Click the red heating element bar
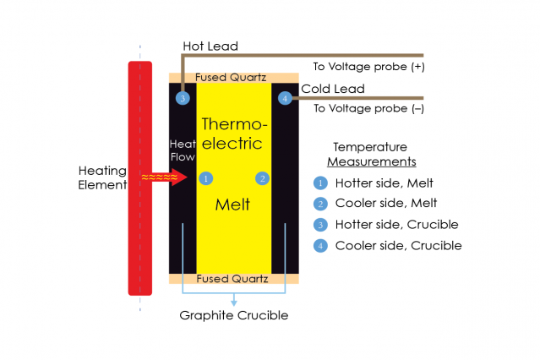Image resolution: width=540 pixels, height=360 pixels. (139, 177)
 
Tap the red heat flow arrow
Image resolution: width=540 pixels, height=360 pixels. (166, 177)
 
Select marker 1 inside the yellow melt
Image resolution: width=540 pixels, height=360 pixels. (205, 178)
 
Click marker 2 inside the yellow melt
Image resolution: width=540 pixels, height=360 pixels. (263, 178)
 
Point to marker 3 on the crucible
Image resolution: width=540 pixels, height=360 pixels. (183, 99)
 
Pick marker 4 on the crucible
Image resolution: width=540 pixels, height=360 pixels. (285, 99)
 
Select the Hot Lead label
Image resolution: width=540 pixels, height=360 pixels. (210, 46)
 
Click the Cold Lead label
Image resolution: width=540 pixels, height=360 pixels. (333, 89)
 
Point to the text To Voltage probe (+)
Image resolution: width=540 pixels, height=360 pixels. (368, 66)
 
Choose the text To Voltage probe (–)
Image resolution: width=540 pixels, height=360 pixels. (368, 108)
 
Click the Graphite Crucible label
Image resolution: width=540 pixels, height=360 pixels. (234, 316)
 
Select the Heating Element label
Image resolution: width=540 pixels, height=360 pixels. (102, 177)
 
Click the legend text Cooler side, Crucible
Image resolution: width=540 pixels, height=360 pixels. (398, 246)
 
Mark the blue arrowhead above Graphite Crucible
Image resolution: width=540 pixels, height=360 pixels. (234, 303)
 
